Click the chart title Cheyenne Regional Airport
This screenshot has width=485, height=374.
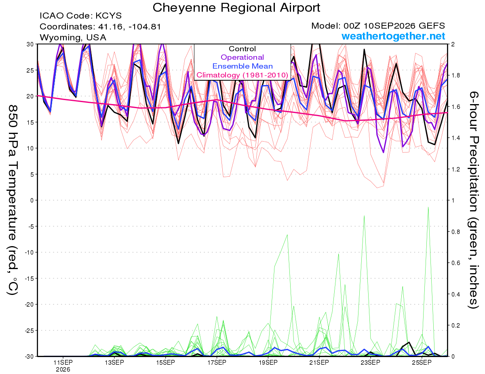(x=236, y=8)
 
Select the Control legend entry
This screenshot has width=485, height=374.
(x=242, y=49)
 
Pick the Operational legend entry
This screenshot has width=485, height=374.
(x=242, y=57)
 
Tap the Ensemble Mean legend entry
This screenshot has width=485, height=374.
(x=242, y=66)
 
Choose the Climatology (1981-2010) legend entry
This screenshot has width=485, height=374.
(x=242, y=75)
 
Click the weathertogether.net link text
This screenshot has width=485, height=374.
(x=393, y=36)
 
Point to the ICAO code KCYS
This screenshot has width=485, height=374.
(x=108, y=16)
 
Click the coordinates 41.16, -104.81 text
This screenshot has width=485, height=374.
(x=129, y=27)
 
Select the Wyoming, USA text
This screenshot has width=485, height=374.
(x=73, y=38)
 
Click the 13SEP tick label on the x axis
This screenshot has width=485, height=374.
(x=114, y=362)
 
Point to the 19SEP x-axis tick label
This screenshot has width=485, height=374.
(x=268, y=362)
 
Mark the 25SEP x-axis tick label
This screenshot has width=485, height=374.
(x=422, y=362)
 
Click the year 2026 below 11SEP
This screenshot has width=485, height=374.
(x=63, y=370)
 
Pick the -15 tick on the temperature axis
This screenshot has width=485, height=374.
(x=29, y=278)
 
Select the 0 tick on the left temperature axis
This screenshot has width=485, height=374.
(x=32, y=201)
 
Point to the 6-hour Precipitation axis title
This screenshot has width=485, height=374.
(x=473, y=200)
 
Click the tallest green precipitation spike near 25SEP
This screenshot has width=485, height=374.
(x=428, y=207)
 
